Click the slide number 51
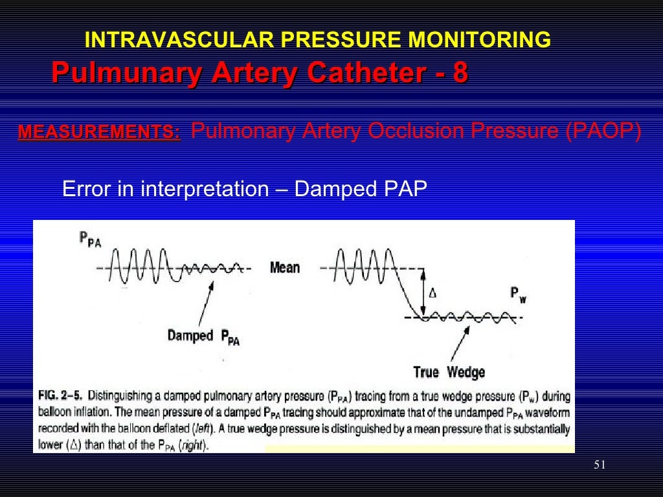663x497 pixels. [x=599, y=465]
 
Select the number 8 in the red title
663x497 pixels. [x=460, y=72]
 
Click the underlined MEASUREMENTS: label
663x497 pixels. [x=99, y=133]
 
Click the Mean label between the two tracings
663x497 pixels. [x=285, y=267]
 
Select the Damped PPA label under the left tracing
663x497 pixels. [x=203, y=337]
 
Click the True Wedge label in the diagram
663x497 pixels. [x=449, y=372]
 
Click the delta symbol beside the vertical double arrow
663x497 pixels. [x=433, y=293]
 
